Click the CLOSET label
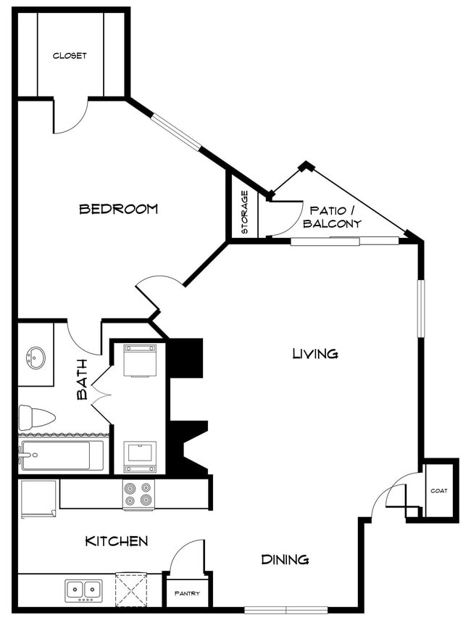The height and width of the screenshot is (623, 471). [70, 56]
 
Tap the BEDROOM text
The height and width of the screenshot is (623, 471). [118, 209]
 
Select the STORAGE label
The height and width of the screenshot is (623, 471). [245, 213]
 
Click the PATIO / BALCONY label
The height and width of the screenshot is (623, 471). [331, 217]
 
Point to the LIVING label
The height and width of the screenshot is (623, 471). [315, 354]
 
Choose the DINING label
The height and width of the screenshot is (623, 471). [285, 559]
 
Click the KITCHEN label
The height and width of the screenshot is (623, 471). [117, 541]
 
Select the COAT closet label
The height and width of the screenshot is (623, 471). [439, 490]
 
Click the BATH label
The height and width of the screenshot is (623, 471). [82, 379]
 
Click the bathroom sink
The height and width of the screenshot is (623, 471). [34, 358]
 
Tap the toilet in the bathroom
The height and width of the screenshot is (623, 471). [37, 417]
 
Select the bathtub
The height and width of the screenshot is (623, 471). [57, 456]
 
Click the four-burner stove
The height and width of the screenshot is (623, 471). [138, 494]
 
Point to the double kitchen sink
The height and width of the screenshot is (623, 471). [84, 590]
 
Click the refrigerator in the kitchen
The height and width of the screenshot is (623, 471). [39, 498]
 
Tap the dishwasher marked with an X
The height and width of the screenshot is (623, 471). [131, 589]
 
